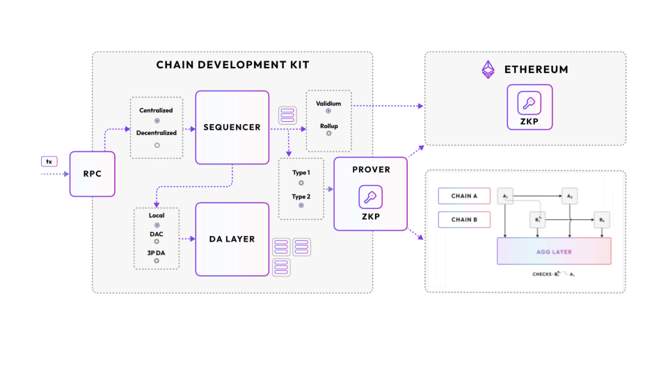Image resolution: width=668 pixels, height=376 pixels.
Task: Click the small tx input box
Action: (x=49, y=162)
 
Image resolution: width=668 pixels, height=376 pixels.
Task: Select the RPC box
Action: (x=92, y=173)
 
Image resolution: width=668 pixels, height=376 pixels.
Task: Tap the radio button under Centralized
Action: (x=157, y=120)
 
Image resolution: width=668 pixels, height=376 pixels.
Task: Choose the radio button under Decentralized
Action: (x=157, y=145)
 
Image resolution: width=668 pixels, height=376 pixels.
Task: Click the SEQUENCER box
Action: (x=232, y=127)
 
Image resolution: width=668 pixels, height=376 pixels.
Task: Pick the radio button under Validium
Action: (x=328, y=111)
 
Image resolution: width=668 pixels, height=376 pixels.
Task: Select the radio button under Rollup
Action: (x=328, y=133)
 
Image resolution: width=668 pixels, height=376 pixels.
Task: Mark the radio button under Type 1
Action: (x=301, y=182)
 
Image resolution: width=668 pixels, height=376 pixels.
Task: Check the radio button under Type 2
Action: (x=301, y=205)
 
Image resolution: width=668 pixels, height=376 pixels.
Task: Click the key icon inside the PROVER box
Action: (x=370, y=197)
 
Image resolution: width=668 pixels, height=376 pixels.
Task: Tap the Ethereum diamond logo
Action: (x=488, y=70)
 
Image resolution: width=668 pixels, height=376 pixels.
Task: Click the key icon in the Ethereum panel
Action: (x=530, y=103)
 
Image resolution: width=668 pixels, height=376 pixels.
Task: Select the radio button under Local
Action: (x=157, y=226)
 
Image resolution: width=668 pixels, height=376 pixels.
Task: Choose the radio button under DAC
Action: (x=157, y=242)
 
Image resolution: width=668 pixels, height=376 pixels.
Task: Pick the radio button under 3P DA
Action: (x=157, y=260)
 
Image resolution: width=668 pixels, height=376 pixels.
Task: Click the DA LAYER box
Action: (x=232, y=239)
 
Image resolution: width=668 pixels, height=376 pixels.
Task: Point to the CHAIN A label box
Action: (x=464, y=196)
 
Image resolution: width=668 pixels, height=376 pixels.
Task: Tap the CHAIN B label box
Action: (x=464, y=220)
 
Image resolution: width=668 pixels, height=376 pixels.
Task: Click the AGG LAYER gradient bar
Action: (x=554, y=251)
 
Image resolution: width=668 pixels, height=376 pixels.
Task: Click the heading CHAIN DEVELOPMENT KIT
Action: (x=232, y=65)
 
